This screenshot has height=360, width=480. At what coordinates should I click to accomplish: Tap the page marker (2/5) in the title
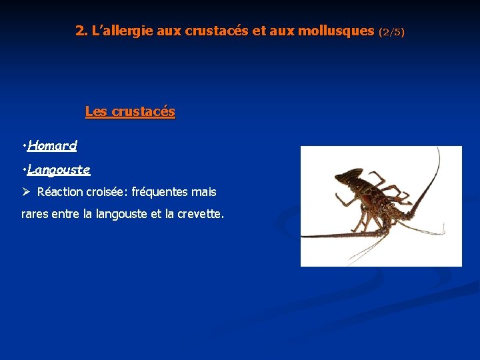[391, 32]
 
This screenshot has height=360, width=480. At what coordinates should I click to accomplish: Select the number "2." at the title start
[81, 31]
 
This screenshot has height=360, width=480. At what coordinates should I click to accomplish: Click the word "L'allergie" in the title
[122, 31]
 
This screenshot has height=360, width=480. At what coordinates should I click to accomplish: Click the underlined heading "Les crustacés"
[130, 111]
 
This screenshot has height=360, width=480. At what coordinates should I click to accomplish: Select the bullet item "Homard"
[53, 145]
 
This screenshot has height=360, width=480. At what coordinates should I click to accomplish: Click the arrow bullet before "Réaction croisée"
[27, 192]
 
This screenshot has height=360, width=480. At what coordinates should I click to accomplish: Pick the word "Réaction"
[60, 192]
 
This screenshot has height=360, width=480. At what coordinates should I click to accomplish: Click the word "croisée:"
[107, 192]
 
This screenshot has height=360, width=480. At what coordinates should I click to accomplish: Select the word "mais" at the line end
[204, 192]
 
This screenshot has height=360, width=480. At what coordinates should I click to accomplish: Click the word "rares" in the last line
[35, 214]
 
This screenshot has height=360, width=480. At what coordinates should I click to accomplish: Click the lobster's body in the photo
[373, 200]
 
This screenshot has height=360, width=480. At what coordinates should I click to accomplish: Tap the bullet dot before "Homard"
[24, 145]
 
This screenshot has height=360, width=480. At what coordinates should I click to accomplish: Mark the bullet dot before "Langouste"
[24, 170]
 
